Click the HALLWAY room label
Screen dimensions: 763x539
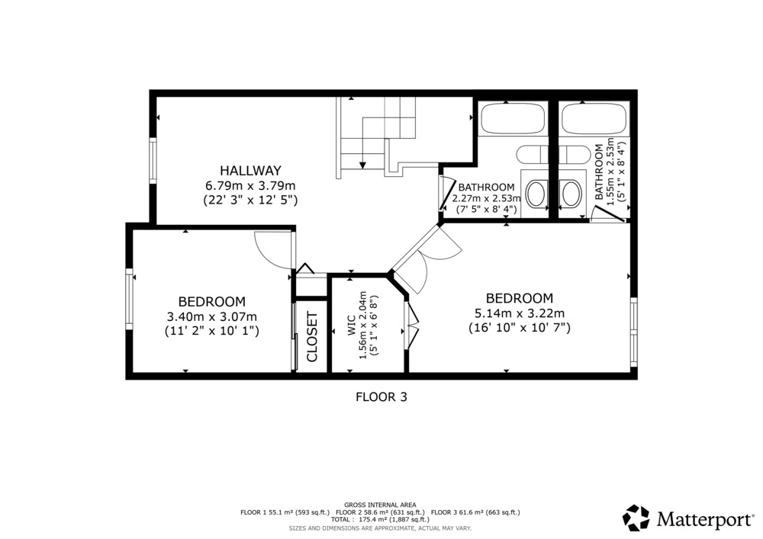[x=250, y=171]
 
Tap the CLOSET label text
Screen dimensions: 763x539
[x=312, y=337]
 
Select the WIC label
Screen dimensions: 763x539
[x=352, y=328]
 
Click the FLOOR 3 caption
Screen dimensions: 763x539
[x=381, y=397]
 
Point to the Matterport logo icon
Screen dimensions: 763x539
[x=636, y=518]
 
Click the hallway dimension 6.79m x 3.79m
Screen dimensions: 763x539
[x=250, y=185]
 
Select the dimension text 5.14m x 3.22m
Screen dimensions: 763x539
[x=519, y=313]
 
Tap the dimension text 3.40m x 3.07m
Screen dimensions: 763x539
[x=211, y=317]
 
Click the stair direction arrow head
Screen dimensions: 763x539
[x=362, y=165]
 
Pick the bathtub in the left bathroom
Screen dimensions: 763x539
[x=513, y=118]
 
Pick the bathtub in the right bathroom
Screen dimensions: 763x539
[x=594, y=118]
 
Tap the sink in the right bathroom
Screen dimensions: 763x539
[x=570, y=194]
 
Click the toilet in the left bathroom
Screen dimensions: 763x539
[x=533, y=155]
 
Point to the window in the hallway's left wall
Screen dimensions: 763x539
[x=153, y=160]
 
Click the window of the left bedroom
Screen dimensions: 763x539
[x=130, y=299]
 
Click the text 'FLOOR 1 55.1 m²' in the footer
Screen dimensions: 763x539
[x=262, y=512]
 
